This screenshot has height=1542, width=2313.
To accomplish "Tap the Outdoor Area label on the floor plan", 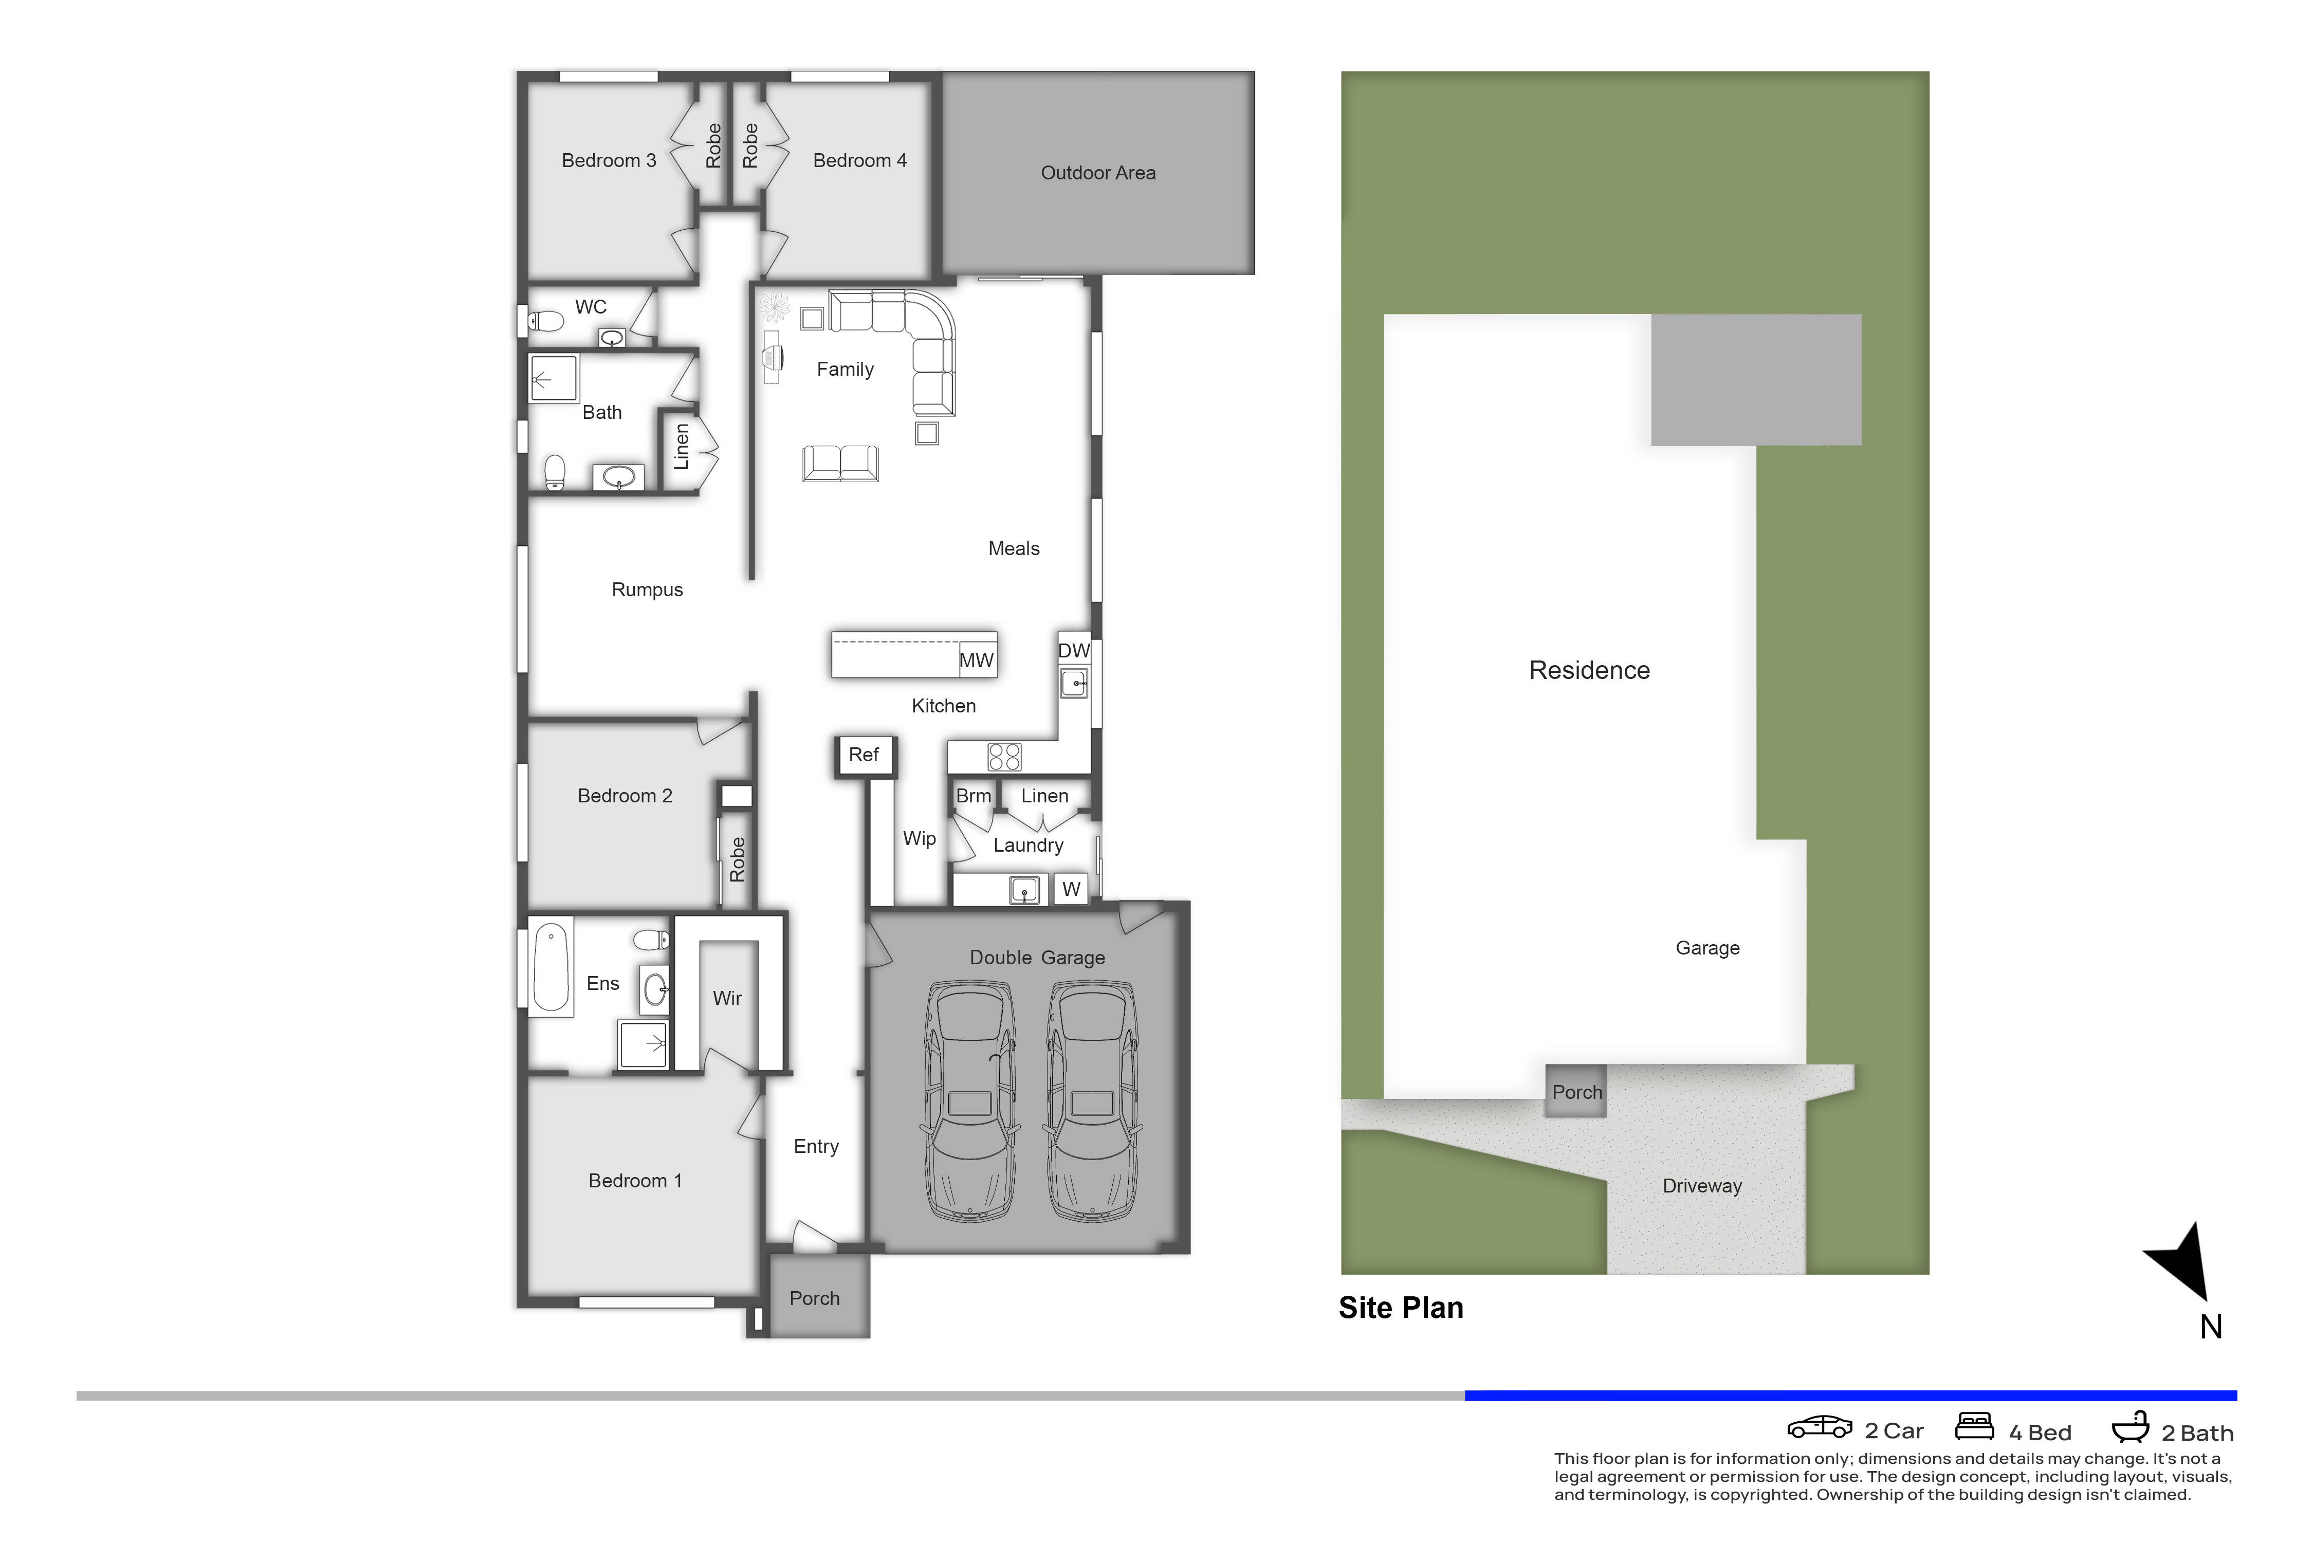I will pos(1097,173).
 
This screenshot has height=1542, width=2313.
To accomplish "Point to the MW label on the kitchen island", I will pos(976,661).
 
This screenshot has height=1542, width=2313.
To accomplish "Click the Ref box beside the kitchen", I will pos(864,755).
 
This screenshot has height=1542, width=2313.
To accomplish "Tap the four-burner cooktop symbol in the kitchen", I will pos(1004,756).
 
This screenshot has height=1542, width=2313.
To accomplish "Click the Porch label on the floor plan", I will pos(814,1299).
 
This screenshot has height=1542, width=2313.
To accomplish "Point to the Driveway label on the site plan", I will pos(1701,1186).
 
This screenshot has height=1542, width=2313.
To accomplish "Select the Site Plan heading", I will pos(1400,1308).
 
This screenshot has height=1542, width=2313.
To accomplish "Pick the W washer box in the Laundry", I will pos(1071,889).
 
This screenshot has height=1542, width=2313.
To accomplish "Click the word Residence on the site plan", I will pos(1589,671).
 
